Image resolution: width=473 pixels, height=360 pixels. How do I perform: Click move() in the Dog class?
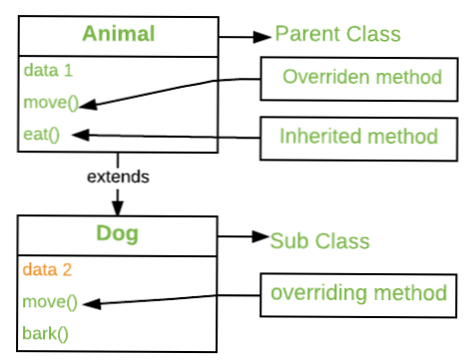click(46, 300)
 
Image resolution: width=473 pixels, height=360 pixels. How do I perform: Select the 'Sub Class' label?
click(320, 240)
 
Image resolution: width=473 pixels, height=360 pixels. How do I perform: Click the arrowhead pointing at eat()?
click(85, 133)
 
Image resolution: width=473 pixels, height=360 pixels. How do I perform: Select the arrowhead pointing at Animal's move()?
click(85, 103)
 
